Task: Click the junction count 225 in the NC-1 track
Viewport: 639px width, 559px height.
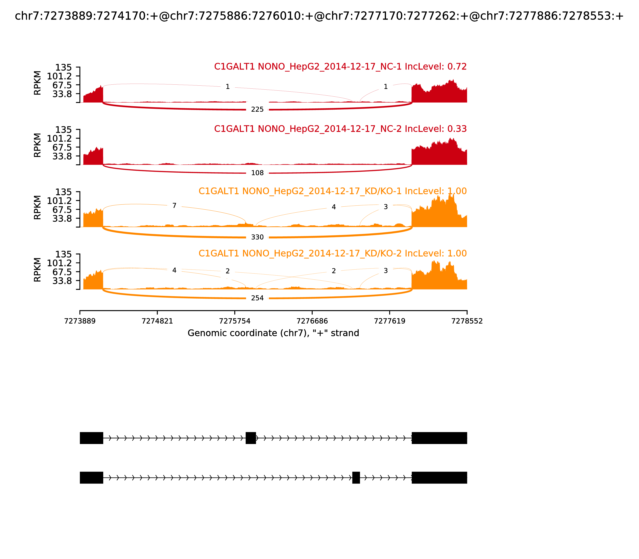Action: (x=257, y=109)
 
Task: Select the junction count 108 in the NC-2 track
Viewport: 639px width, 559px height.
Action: (x=257, y=173)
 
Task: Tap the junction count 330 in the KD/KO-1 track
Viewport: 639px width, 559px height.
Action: (x=257, y=237)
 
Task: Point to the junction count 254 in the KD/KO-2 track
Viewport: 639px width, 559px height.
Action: (x=257, y=298)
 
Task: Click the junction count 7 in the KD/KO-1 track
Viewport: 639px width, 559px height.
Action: (x=174, y=206)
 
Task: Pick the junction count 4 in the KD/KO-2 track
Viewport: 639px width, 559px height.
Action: (x=174, y=270)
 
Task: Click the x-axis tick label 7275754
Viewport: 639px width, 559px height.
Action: (x=235, y=321)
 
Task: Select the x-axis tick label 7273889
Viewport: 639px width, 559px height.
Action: (x=80, y=321)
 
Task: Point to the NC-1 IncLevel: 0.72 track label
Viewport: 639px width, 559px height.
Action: (x=340, y=66)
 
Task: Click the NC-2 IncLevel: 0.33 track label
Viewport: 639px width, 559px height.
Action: (x=340, y=129)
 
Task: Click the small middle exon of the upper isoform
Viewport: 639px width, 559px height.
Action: (x=251, y=438)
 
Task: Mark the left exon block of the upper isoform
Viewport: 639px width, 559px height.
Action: (x=91, y=438)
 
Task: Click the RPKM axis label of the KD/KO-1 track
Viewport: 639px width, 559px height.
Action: (x=37, y=207)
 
